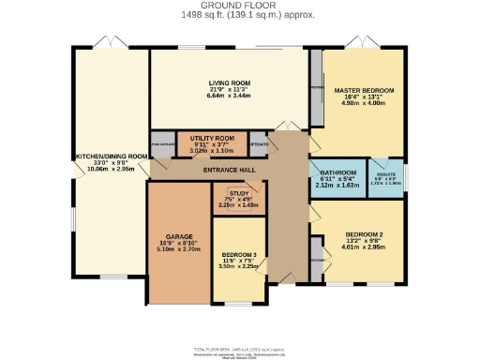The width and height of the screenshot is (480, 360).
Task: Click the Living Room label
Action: point(229,82)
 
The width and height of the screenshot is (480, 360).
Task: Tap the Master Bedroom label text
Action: point(365,90)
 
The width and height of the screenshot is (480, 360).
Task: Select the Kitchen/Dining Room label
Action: point(112,156)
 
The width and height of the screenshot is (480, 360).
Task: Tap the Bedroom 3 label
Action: point(238,254)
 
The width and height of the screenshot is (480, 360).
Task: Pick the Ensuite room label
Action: point(383,172)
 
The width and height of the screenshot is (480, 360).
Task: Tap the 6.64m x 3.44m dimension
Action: point(229,96)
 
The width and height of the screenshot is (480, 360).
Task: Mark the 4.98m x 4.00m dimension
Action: point(365,103)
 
